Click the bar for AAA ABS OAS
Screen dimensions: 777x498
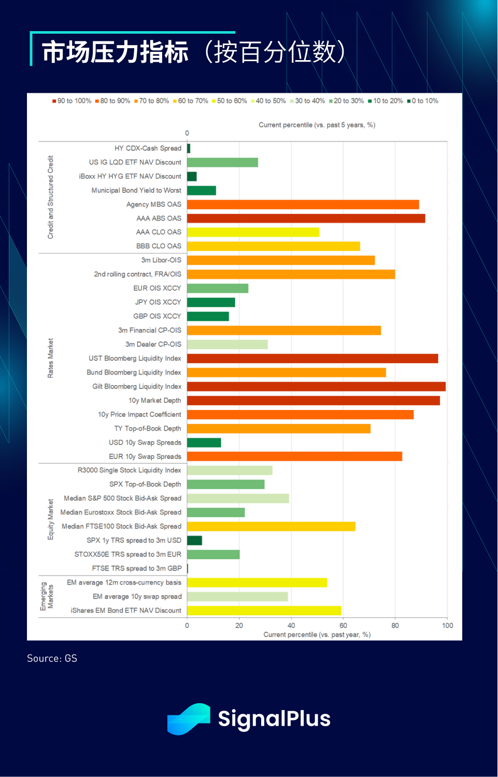306,218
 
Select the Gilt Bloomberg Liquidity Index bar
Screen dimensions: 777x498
316,386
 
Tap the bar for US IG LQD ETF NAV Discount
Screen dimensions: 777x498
222,162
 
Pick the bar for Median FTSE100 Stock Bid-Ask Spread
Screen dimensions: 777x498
271,526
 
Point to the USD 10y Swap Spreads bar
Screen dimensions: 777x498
204,442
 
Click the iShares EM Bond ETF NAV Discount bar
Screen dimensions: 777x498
264,610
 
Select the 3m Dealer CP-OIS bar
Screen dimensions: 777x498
227,344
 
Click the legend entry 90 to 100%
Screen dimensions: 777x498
72,101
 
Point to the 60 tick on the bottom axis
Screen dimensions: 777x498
343,625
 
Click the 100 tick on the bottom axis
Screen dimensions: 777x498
447,625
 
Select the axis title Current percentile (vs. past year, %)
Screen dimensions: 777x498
317,634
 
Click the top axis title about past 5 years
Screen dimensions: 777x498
317,125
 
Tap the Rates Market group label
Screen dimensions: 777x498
50,358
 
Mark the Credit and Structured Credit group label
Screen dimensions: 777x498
50,197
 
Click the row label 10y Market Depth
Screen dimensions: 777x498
154,400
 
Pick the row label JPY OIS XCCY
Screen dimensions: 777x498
158,302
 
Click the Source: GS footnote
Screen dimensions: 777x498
52,658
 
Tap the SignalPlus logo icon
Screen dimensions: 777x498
189,718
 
